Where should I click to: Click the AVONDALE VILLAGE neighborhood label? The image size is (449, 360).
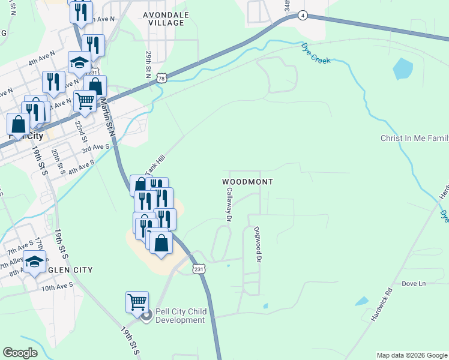(166, 18)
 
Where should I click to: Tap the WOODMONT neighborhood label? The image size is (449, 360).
(248, 181)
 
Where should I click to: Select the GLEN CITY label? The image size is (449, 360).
(70, 270)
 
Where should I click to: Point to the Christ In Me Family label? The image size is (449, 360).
(414, 139)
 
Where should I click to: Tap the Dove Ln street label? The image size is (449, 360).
(413, 283)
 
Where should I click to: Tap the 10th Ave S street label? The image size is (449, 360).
(56, 287)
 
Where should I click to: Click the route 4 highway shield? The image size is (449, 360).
(304, 16)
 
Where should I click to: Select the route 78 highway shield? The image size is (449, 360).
(161, 78)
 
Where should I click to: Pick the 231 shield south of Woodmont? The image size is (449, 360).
(199, 269)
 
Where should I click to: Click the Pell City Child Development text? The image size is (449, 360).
(181, 316)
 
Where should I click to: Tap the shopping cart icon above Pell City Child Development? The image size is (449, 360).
(137, 301)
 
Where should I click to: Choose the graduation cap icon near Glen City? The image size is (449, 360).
(35, 261)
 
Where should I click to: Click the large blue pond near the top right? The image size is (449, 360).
(403, 69)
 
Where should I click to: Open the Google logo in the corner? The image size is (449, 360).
(20, 353)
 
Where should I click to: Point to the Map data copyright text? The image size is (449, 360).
(412, 355)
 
